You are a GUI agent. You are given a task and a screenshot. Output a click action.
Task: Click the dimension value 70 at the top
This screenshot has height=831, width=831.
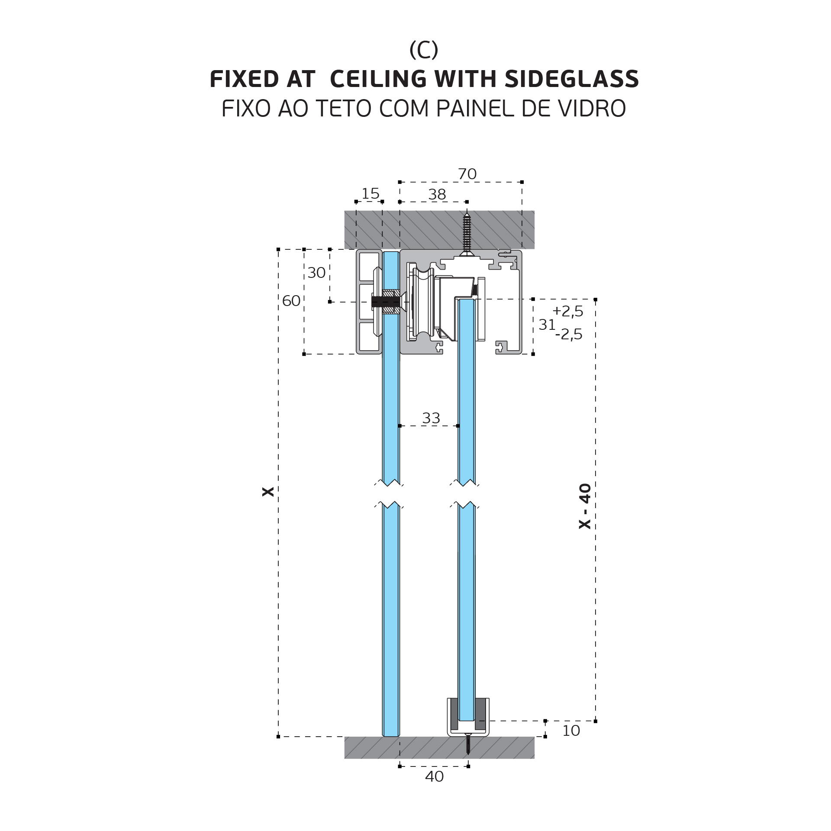(x=467, y=174)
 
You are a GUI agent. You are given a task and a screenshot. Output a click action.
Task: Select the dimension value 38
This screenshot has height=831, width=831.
(x=437, y=195)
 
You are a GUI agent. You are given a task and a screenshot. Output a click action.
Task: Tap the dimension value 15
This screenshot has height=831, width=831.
(x=370, y=193)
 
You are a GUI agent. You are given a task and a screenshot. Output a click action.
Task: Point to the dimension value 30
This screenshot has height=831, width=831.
(x=316, y=273)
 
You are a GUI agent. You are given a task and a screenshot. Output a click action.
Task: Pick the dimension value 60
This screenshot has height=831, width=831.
(x=291, y=301)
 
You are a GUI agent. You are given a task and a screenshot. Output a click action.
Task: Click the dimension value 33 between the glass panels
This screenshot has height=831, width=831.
(x=431, y=418)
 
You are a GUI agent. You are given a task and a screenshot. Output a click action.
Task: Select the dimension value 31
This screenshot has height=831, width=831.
(x=547, y=325)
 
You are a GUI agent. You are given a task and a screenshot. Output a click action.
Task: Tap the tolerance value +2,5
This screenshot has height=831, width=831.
(x=568, y=311)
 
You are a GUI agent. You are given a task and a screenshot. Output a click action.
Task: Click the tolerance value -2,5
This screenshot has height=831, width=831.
(x=569, y=334)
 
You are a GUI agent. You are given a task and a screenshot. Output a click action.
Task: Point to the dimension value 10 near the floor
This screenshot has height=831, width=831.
(x=571, y=731)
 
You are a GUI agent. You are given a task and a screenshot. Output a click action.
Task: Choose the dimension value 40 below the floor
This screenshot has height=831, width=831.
(x=435, y=776)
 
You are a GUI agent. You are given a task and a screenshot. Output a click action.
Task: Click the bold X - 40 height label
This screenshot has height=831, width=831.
(x=585, y=506)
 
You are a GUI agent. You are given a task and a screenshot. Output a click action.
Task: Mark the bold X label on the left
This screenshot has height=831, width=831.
(x=268, y=492)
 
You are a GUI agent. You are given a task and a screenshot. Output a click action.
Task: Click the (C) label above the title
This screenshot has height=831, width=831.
(x=424, y=50)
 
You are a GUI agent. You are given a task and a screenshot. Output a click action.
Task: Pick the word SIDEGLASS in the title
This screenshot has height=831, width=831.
(x=572, y=79)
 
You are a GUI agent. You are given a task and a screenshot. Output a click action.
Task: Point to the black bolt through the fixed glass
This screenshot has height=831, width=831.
(x=386, y=302)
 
